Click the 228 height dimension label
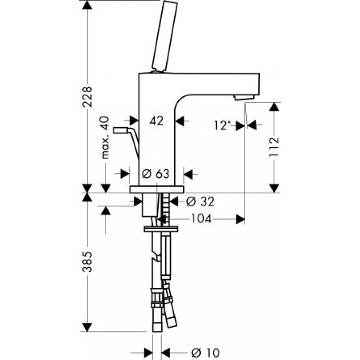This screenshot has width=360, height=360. coord(87,96)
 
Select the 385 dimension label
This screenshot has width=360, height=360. coord(87,262)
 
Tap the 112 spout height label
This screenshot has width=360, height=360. coord(274,147)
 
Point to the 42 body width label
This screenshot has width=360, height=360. coord(156,120)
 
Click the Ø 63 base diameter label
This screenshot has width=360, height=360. coord(155,174)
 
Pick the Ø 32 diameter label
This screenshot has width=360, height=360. coord(200,201)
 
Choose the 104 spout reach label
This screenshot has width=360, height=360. coord(201,219)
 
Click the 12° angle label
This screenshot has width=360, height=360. coord(222,126)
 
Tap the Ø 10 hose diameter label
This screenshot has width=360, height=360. coord(205,352)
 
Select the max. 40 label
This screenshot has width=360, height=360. coord(105,137)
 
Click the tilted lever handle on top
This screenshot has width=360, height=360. coord(164,37)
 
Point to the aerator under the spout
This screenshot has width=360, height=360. coord(244,98)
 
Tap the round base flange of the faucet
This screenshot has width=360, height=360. coord(157,189)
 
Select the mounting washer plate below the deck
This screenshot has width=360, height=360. coord(161,229)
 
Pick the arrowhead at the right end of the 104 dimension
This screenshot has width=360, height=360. coord(241,219)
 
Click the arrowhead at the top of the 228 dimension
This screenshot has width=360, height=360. coord(87,4)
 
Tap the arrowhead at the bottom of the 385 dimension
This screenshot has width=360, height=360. coord(87,327)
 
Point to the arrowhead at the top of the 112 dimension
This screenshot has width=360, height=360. coord(274,107)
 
